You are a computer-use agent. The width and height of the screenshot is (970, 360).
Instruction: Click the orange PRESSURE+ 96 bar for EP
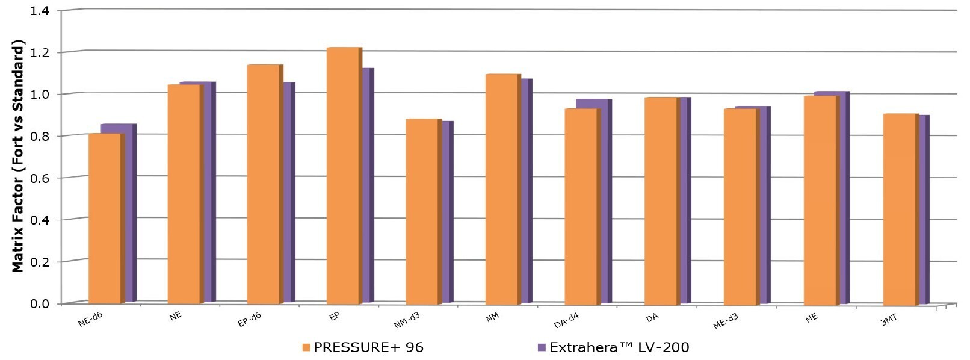pyautogui.click(x=342, y=175)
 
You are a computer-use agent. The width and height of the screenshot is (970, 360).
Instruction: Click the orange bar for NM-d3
pyautogui.click(x=422, y=211)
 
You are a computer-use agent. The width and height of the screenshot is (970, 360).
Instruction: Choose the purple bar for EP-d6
pyautogui.click(x=289, y=193)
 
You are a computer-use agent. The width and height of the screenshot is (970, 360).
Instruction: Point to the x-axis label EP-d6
pyautogui.click(x=249, y=320)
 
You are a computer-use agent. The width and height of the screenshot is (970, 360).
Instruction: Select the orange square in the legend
pyautogui.click(x=306, y=347)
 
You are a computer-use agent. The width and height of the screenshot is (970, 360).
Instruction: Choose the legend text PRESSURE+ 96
pyautogui.click(x=368, y=347)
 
